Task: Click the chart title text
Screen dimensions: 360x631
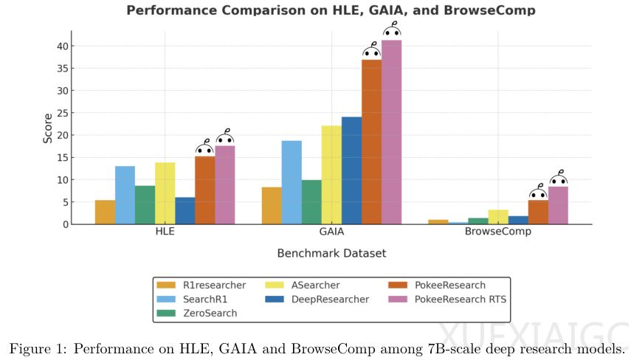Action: tap(331, 10)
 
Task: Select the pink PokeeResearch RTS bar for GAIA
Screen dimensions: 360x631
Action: tap(391, 133)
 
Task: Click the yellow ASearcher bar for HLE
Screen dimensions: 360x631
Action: tap(165, 193)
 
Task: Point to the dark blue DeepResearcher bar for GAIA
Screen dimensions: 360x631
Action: tap(351, 170)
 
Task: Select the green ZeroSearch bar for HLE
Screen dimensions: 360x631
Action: tap(145, 205)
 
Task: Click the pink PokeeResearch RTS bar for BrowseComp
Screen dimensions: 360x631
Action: tap(558, 205)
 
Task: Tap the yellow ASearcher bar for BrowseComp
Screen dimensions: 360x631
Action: tap(498, 217)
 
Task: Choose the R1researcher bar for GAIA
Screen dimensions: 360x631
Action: tap(272, 206)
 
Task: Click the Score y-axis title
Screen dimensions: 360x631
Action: tap(47, 128)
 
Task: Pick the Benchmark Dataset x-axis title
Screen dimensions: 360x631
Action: tap(331, 254)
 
